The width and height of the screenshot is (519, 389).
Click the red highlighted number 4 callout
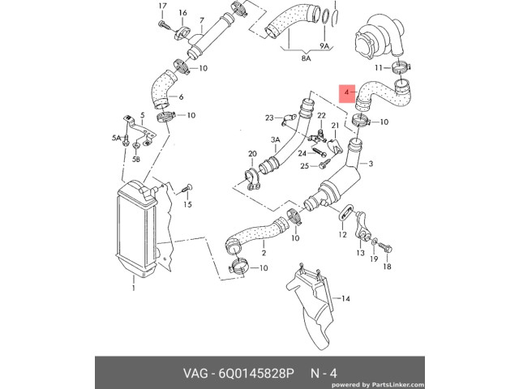tap(347, 93)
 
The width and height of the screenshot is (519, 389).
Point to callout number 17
tap(162, 6)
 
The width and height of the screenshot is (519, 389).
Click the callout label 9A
tap(324, 46)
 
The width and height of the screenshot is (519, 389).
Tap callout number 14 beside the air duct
tap(345, 299)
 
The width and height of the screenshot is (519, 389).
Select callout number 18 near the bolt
tap(387, 267)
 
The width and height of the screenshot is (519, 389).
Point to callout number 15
tap(187, 204)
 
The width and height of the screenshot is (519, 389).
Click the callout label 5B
tap(136, 159)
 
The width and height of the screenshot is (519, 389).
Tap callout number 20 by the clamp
tap(252, 153)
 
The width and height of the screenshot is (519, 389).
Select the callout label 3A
tap(275, 139)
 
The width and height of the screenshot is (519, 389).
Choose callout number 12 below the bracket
tap(342, 234)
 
